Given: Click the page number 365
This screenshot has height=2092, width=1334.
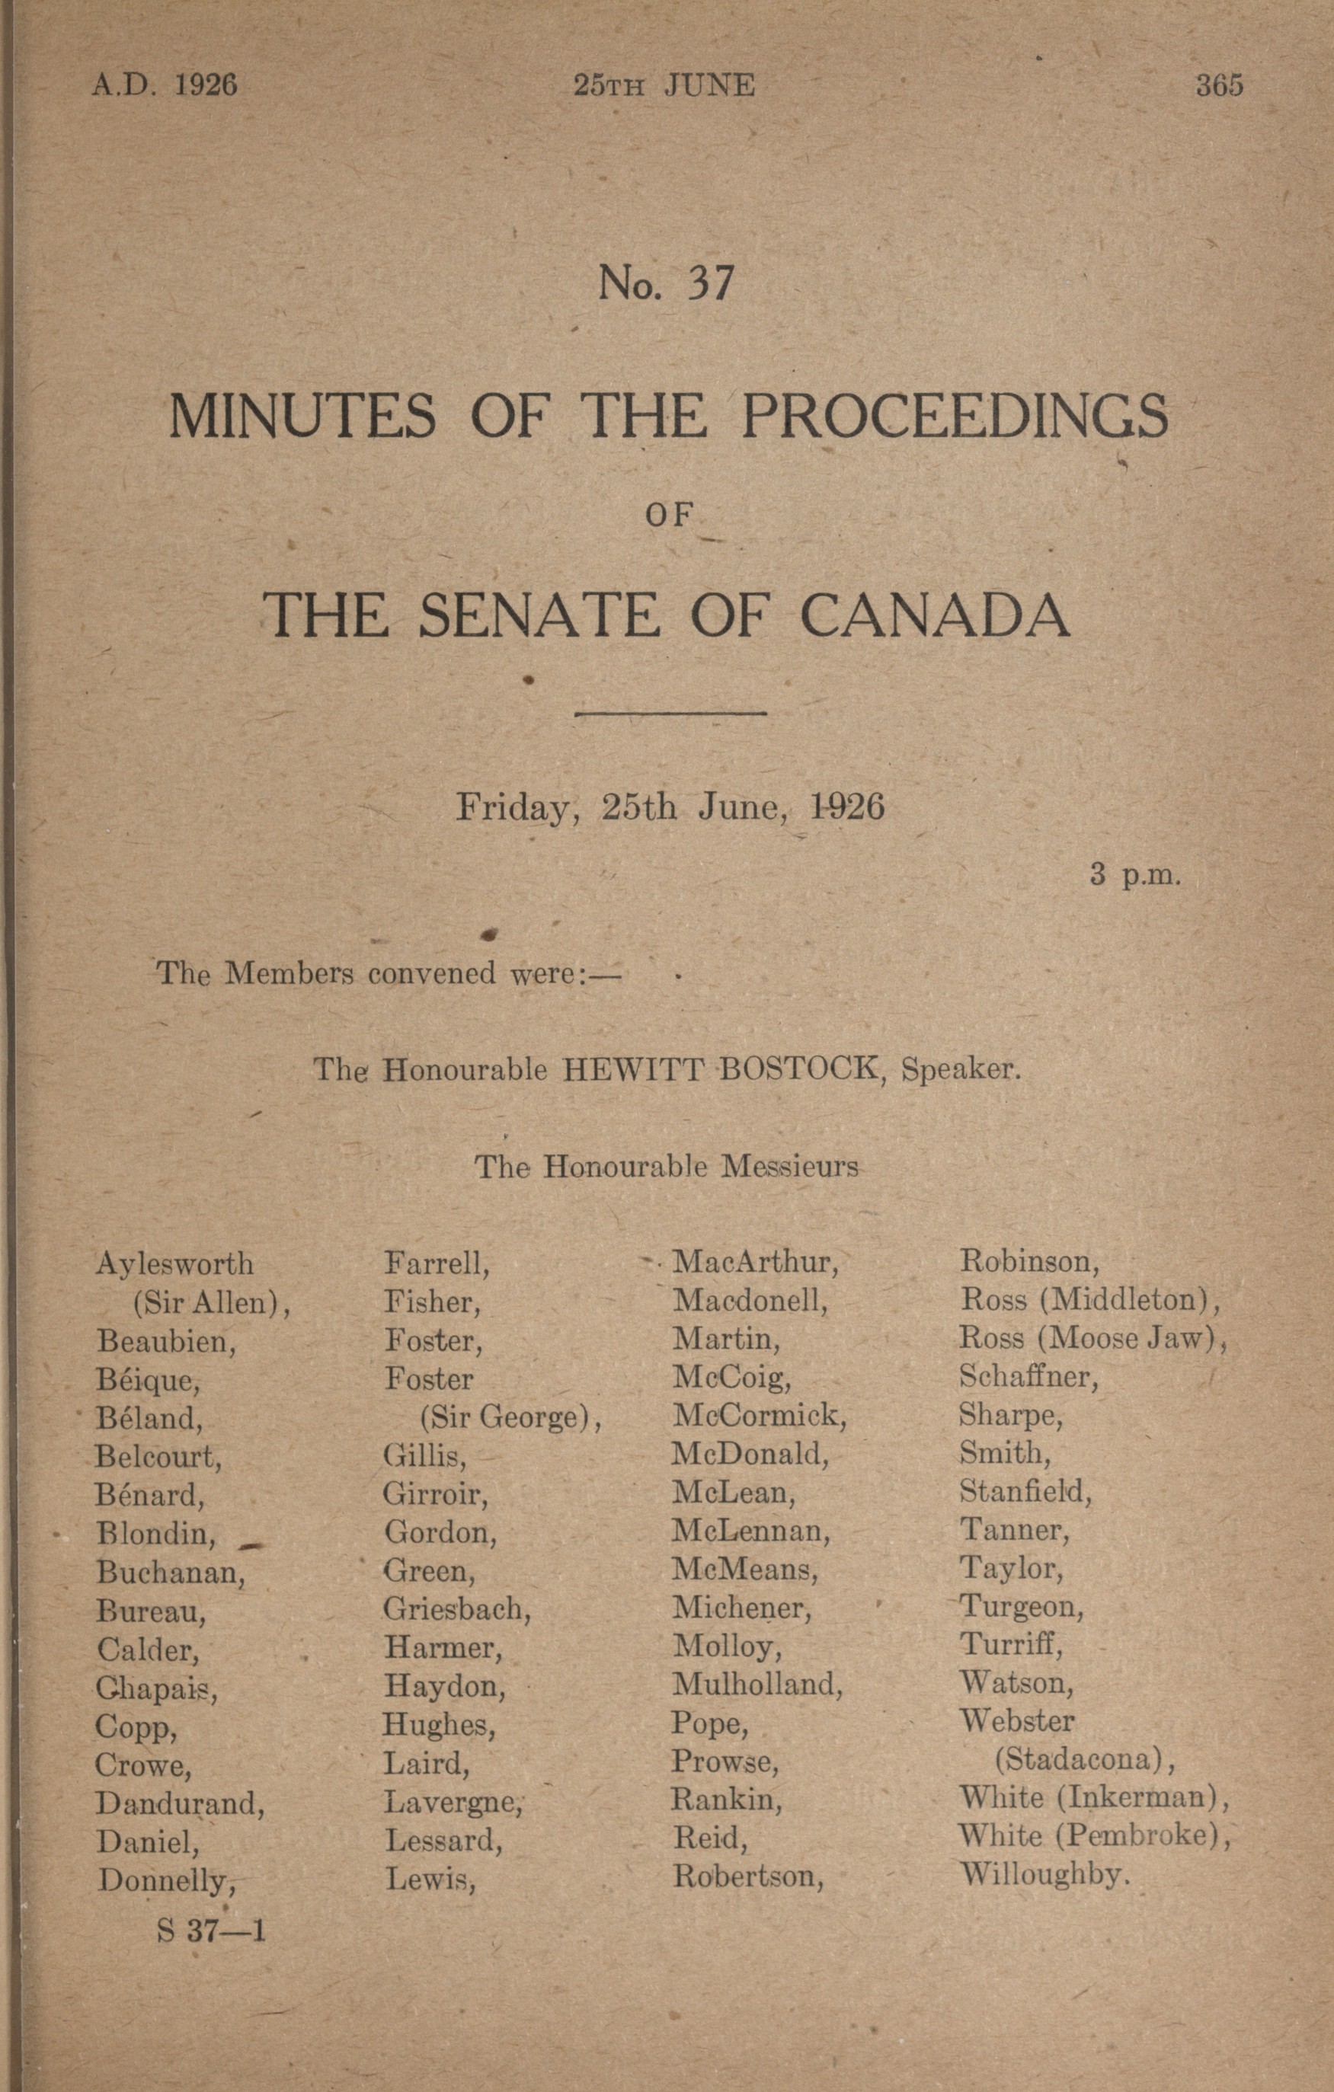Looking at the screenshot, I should click(1218, 85).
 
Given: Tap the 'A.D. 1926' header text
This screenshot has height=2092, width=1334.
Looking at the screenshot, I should click(165, 85).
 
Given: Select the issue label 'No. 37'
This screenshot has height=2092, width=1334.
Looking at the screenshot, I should click(666, 283).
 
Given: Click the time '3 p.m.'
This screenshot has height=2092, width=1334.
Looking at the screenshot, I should click(1135, 874).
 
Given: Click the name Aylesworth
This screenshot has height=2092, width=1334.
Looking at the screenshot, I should click(174, 1263).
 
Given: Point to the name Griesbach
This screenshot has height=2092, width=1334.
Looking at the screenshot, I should click(457, 1609).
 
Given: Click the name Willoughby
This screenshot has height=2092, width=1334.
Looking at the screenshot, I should click(1044, 1875).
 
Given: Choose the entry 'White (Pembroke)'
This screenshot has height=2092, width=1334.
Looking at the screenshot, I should click(1094, 1835).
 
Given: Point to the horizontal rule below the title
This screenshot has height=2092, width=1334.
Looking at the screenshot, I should click(669, 714).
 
